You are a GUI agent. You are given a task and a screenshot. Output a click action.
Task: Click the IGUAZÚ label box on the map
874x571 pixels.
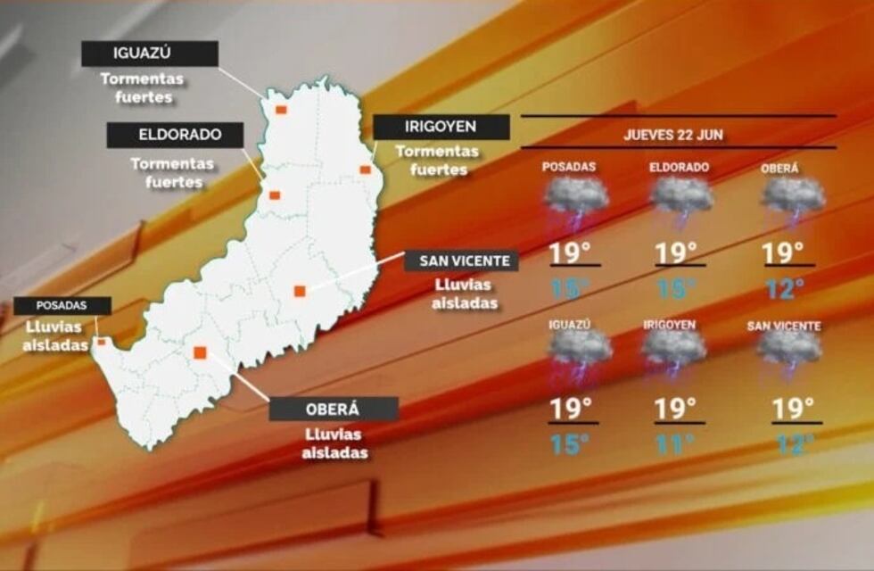point(150,54)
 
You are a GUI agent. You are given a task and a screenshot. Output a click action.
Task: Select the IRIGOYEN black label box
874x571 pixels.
point(441,127)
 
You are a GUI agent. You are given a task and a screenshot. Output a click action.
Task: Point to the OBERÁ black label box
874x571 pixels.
point(334,409)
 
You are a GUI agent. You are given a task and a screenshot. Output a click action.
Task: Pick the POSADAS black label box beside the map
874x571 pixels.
point(62,305)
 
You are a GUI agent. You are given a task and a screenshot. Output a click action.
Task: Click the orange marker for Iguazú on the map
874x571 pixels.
point(280,110)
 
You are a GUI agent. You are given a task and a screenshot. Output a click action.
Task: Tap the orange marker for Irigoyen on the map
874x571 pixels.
point(365,170)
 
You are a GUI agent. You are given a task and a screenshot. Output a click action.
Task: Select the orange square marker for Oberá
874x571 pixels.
point(200,352)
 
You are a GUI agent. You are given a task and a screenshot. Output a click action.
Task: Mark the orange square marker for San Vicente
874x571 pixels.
point(300,290)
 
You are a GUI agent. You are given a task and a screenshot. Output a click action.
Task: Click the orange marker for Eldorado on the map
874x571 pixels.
point(275,194)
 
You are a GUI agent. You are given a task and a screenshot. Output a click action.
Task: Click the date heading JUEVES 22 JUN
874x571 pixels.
point(673,136)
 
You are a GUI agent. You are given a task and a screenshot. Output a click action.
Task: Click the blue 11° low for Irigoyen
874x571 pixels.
point(675,443)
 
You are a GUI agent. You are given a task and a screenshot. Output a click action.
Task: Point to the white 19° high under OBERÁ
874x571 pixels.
point(782,252)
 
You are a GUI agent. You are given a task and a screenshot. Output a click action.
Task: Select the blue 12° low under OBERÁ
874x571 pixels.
point(785,289)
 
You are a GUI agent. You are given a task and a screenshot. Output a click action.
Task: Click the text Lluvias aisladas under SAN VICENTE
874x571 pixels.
point(465,294)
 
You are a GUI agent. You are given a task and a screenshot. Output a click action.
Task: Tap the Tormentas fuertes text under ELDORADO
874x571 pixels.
point(172,173)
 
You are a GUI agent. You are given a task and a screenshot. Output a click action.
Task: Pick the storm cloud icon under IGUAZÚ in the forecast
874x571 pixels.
point(579,353)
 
